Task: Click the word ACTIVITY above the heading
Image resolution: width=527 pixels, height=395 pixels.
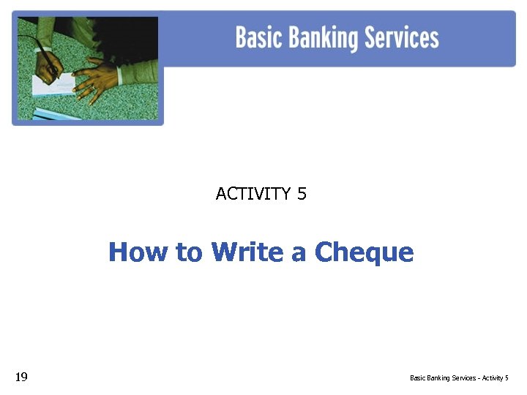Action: click(253, 194)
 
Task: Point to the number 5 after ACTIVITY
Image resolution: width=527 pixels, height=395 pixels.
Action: click(302, 194)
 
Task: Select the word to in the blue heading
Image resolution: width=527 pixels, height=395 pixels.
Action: click(189, 253)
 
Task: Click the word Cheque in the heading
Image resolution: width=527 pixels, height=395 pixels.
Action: click(364, 253)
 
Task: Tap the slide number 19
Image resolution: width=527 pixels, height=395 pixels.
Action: click(21, 377)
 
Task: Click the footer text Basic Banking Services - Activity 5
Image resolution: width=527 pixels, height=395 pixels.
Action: click(459, 378)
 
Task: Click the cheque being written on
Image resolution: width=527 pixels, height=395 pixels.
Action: click(55, 85)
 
